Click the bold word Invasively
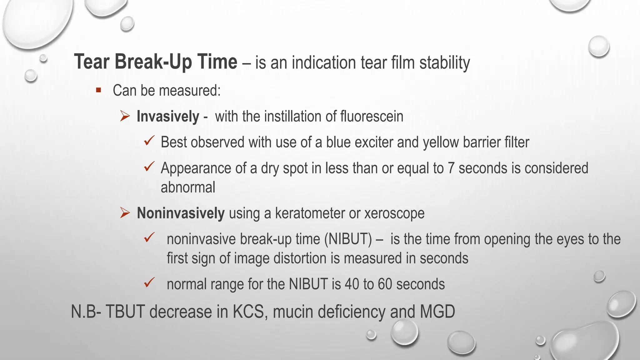point(168,117)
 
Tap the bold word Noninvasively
point(181,213)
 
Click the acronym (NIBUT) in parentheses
point(348,239)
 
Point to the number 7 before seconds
point(451,168)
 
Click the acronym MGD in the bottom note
point(437,312)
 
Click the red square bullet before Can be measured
point(99,90)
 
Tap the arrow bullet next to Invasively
point(125,117)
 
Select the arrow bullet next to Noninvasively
point(125,213)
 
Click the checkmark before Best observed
point(149,141)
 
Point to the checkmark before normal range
point(149,282)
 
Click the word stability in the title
point(444,63)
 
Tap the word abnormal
point(188,187)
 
